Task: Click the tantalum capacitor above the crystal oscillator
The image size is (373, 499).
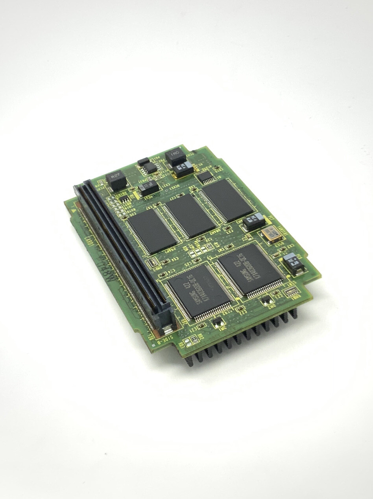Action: point(254,223)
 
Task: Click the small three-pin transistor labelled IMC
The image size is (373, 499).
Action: point(216,322)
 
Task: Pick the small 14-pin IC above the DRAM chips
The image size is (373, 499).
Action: point(205,177)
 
